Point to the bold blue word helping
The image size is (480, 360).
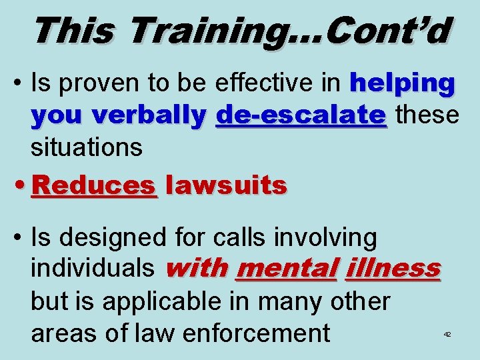tap(403, 85)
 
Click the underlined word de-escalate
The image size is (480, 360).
tap(301, 115)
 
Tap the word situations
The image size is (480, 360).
tap(87, 147)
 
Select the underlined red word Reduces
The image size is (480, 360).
tap(94, 185)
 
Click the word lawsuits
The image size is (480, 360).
tap(226, 185)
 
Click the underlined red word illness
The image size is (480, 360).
tap(393, 268)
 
